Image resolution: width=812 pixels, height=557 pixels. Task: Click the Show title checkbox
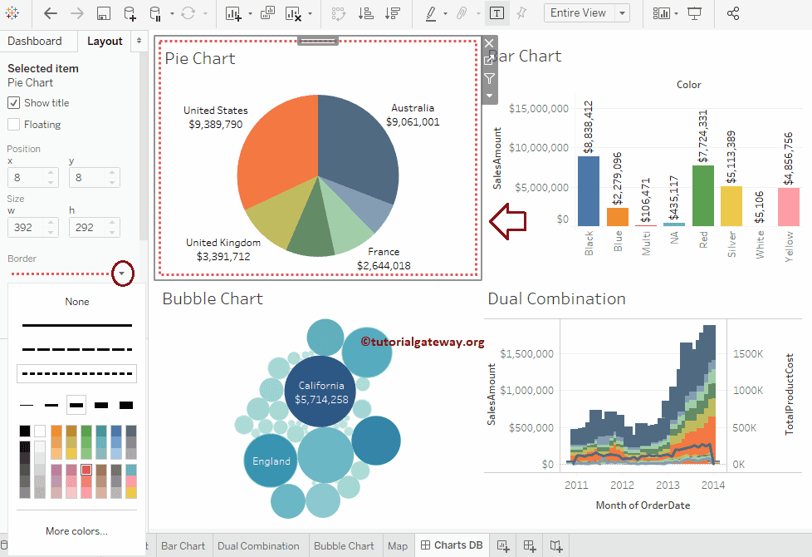(x=14, y=103)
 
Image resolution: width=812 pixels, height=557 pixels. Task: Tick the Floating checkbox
(x=14, y=125)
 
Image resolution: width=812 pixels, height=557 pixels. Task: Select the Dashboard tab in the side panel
(x=35, y=42)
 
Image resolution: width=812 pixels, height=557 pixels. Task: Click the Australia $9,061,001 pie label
(x=413, y=115)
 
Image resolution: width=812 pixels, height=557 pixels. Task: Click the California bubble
(x=321, y=392)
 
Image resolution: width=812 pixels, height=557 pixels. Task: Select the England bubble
(x=271, y=461)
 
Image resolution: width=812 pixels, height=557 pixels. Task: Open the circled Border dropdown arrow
(x=123, y=273)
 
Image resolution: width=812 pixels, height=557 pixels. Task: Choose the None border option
(x=77, y=302)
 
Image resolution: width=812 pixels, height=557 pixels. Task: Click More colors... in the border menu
(x=77, y=531)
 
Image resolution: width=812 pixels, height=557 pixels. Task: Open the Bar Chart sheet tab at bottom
(x=183, y=546)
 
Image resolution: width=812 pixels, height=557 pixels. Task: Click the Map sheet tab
(x=398, y=546)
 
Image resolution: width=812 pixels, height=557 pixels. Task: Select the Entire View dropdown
(x=586, y=13)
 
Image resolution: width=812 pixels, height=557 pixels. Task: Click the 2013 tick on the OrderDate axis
(x=668, y=486)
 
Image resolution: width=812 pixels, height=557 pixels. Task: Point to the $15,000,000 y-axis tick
(x=538, y=109)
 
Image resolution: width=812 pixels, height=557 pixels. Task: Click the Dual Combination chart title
(x=556, y=299)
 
